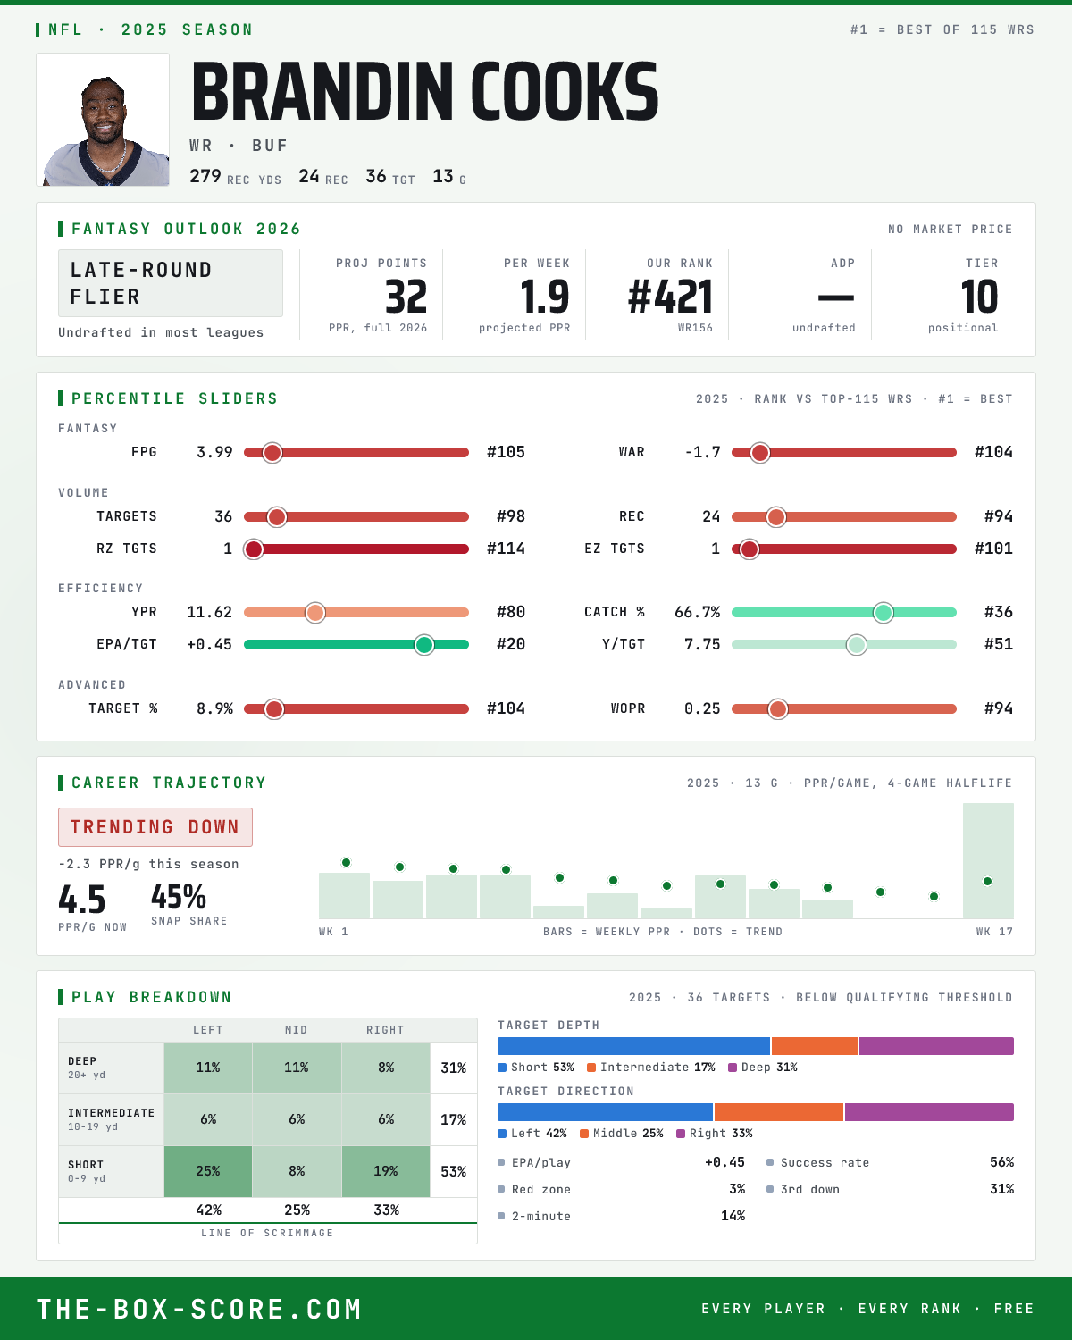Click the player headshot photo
click(103, 120)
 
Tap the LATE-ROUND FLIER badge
click(170, 283)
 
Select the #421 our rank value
click(670, 297)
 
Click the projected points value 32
click(406, 297)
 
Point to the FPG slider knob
click(272, 453)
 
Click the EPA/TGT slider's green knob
click(424, 644)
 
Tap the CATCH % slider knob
click(884, 613)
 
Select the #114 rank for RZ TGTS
click(506, 549)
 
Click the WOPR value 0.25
click(702, 708)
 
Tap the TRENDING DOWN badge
click(155, 827)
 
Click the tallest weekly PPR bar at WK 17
click(988, 860)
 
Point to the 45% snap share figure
click(178, 897)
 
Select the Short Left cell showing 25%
click(208, 1171)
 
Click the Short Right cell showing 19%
click(386, 1171)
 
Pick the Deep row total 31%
click(454, 1068)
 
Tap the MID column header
click(296, 1030)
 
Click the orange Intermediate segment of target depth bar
click(814, 1046)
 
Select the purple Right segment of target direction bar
click(929, 1112)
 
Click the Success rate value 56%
click(1001, 1162)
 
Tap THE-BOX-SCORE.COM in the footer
click(199, 1309)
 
